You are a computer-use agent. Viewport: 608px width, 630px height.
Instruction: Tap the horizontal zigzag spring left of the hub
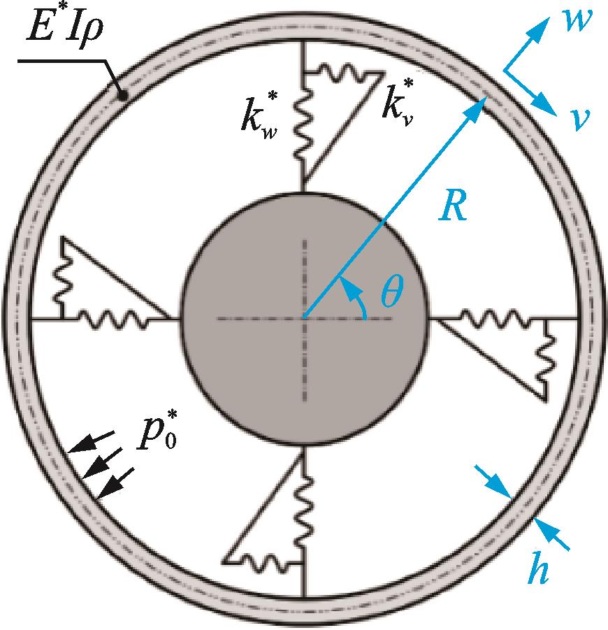[113, 320]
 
